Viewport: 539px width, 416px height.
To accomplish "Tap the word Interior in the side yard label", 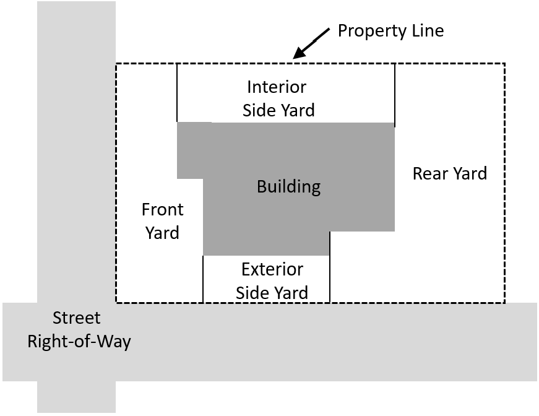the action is [277, 87].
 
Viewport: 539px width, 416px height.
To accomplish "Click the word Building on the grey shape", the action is [289, 187].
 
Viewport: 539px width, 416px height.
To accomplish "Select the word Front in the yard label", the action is [163, 209].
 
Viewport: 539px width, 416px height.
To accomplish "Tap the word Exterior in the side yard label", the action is [272, 269].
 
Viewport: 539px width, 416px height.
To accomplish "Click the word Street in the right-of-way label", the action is [76, 318].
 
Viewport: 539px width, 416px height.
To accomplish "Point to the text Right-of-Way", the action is [79, 342].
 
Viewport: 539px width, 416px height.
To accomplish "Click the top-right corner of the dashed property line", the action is [504, 63].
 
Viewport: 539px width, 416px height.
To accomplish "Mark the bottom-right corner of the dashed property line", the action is [504, 303].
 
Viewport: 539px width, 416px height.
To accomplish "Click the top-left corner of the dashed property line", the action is [116, 63].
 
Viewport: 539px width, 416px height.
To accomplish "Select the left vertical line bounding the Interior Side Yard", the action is [177, 92].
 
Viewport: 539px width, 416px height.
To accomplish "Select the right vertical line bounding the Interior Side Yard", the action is [395, 95].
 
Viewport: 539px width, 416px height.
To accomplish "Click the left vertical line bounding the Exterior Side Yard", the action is [203, 279].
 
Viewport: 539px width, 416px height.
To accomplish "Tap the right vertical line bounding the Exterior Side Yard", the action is [330, 267].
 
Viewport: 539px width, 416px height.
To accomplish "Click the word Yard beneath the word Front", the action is [162, 233].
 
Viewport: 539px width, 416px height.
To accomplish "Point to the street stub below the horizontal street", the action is [76, 397].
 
